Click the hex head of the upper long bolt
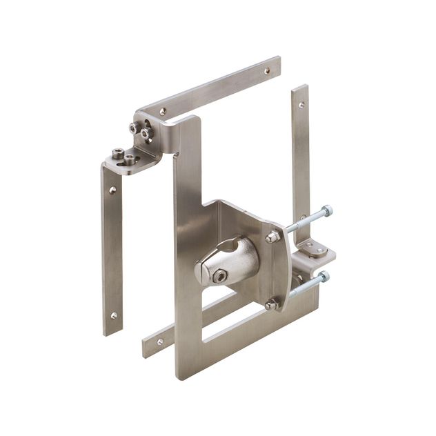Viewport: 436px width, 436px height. click(x=326, y=210)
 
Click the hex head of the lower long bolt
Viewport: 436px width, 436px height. click(x=323, y=277)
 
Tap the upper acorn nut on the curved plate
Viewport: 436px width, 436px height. click(x=273, y=237)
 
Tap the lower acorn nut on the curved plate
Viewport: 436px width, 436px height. click(x=271, y=303)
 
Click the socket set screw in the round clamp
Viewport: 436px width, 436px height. click(x=219, y=276)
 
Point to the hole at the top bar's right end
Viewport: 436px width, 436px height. click(x=267, y=70)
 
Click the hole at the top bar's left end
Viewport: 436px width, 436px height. click(x=163, y=110)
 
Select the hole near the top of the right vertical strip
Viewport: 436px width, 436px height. click(x=301, y=106)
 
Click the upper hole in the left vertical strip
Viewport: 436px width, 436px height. click(x=112, y=189)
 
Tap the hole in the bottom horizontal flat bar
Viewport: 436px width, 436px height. click(x=159, y=341)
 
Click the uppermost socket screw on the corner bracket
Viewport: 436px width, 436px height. click(x=133, y=126)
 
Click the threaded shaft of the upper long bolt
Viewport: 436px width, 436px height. click(x=304, y=221)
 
